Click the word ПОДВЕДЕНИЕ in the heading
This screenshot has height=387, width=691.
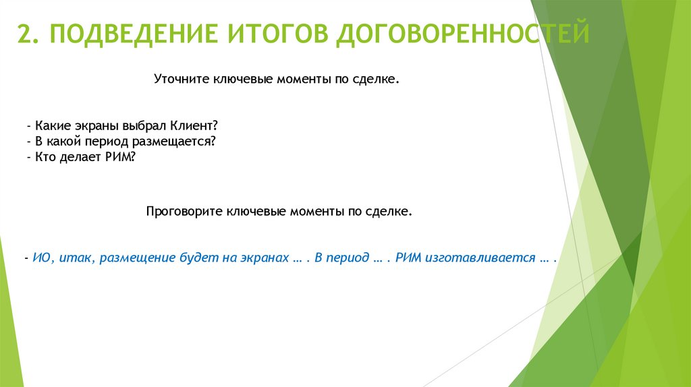coord(126,33)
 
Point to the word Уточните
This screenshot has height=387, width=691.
coord(183,80)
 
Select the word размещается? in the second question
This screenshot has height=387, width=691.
coord(182,141)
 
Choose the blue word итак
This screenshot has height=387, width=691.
coord(70,259)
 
